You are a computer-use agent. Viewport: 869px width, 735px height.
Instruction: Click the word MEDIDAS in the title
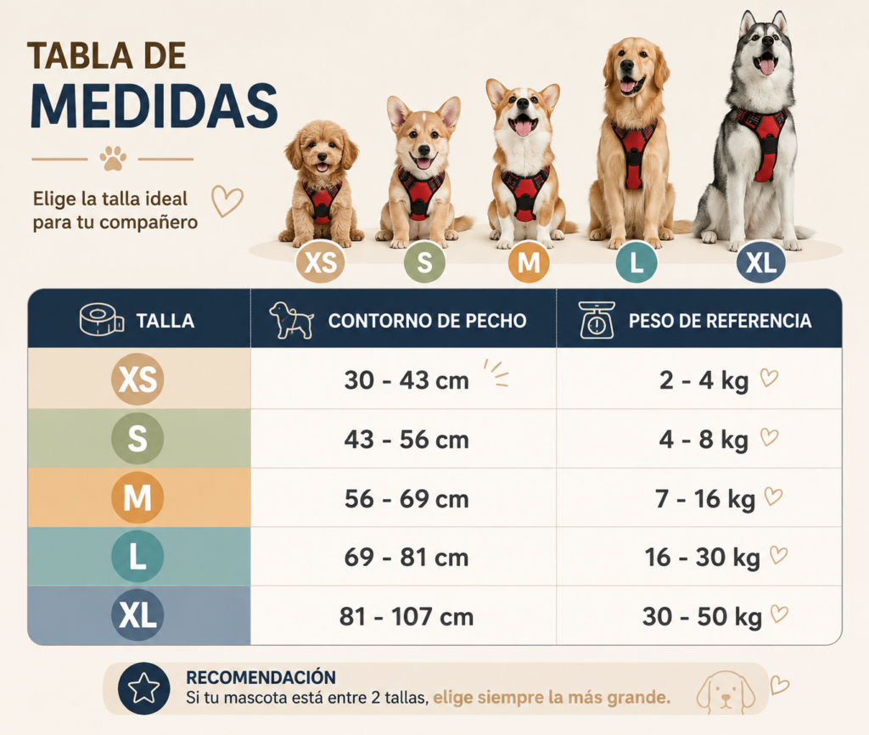[154, 106]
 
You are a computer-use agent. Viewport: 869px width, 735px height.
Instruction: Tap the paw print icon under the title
[113, 159]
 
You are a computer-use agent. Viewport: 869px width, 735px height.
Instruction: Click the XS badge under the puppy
[320, 262]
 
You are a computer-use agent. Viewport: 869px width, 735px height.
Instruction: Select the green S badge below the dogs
[424, 262]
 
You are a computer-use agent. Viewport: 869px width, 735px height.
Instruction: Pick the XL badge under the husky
[761, 262]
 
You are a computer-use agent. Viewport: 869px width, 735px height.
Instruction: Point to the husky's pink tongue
[767, 66]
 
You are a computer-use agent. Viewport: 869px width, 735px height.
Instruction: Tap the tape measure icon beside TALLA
[102, 320]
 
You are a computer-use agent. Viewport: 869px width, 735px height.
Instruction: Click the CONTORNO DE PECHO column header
[427, 321]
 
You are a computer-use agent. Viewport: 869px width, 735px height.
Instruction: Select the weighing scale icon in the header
[597, 320]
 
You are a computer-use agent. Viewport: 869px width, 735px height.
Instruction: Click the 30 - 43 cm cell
[406, 381]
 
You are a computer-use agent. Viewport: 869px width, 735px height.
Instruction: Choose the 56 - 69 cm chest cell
[406, 499]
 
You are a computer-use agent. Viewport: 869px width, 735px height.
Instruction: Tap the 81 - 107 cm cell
[406, 617]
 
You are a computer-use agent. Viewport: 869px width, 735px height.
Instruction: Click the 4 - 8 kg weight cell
[704, 440]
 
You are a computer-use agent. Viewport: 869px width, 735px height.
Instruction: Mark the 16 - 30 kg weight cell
[702, 558]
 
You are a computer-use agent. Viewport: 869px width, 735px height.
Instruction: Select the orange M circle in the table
[137, 497]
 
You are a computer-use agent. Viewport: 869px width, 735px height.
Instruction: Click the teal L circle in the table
[137, 557]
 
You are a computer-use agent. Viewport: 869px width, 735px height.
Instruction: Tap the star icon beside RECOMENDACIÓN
[143, 688]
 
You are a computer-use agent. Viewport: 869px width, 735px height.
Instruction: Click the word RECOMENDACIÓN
[261, 677]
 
